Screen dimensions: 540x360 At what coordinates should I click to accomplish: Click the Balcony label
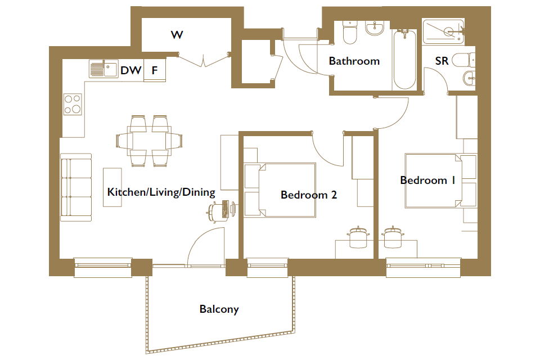pyautogui.click(x=219, y=309)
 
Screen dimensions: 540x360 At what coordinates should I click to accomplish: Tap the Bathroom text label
pyautogui.click(x=354, y=61)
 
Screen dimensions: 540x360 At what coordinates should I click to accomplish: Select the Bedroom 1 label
pyautogui.click(x=427, y=180)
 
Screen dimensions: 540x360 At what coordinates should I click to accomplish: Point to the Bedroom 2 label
pyautogui.click(x=309, y=195)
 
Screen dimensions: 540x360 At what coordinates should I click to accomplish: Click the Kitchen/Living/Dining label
pyautogui.click(x=161, y=192)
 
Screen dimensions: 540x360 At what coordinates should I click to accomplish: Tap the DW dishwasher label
pyautogui.click(x=131, y=71)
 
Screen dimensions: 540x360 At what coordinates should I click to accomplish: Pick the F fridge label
pyautogui.click(x=155, y=71)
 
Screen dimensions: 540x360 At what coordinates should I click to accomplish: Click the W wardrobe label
pyautogui.click(x=177, y=35)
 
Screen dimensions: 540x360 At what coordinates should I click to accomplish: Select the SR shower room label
pyautogui.click(x=442, y=61)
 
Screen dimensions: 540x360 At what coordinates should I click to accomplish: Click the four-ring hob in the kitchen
pyautogui.click(x=73, y=104)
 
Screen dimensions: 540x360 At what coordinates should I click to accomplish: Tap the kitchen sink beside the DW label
pyautogui.click(x=103, y=69)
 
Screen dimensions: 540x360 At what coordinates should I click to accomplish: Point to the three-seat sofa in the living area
pyautogui.click(x=76, y=187)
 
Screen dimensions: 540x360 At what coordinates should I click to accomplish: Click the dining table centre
pyautogui.click(x=149, y=141)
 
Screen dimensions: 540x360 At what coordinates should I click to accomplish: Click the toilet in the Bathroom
pyautogui.click(x=350, y=33)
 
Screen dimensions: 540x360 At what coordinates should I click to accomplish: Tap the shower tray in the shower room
pyautogui.click(x=444, y=31)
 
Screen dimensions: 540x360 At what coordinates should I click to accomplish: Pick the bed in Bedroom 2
pyautogui.click(x=280, y=190)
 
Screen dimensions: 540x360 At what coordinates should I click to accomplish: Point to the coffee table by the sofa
pyautogui.click(x=112, y=187)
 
